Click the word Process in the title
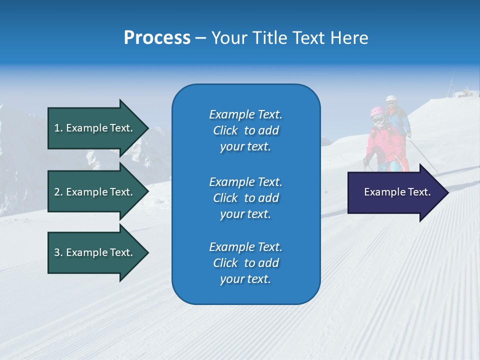[157, 38]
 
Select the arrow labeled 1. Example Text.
[95, 128]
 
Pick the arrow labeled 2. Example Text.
[95, 192]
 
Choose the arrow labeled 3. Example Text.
[95, 252]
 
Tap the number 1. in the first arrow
[58, 128]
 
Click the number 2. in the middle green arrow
[58, 192]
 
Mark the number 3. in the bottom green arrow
[58, 252]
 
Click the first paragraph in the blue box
[245, 130]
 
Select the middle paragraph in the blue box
[245, 198]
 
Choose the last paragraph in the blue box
[245, 263]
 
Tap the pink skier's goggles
[378, 119]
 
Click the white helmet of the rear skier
[390, 99]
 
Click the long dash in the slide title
[201, 38]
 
